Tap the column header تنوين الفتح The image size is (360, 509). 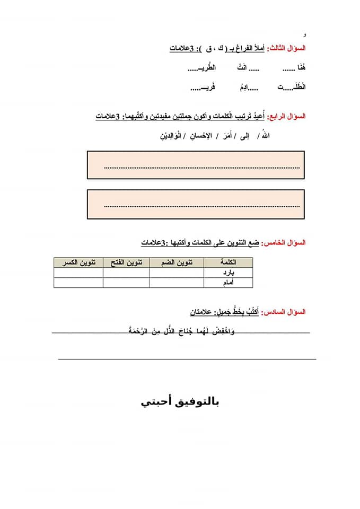tap(126, 262)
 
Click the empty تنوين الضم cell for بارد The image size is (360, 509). tap(175, 273)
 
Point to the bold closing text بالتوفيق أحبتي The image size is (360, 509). tap(180, 402)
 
